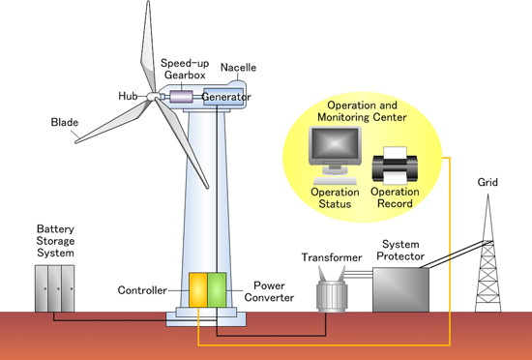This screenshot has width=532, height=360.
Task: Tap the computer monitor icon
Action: click(x=334, y=155)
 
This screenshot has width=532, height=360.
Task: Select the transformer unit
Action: click(x=331, y=290)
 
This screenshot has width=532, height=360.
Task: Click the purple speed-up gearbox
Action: click(x=182, y=96)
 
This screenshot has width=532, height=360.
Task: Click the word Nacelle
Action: click(x=238, y=68)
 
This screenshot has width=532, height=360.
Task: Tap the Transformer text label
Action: click(x=331, y=258)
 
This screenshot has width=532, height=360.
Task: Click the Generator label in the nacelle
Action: click(x=227, y=98)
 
